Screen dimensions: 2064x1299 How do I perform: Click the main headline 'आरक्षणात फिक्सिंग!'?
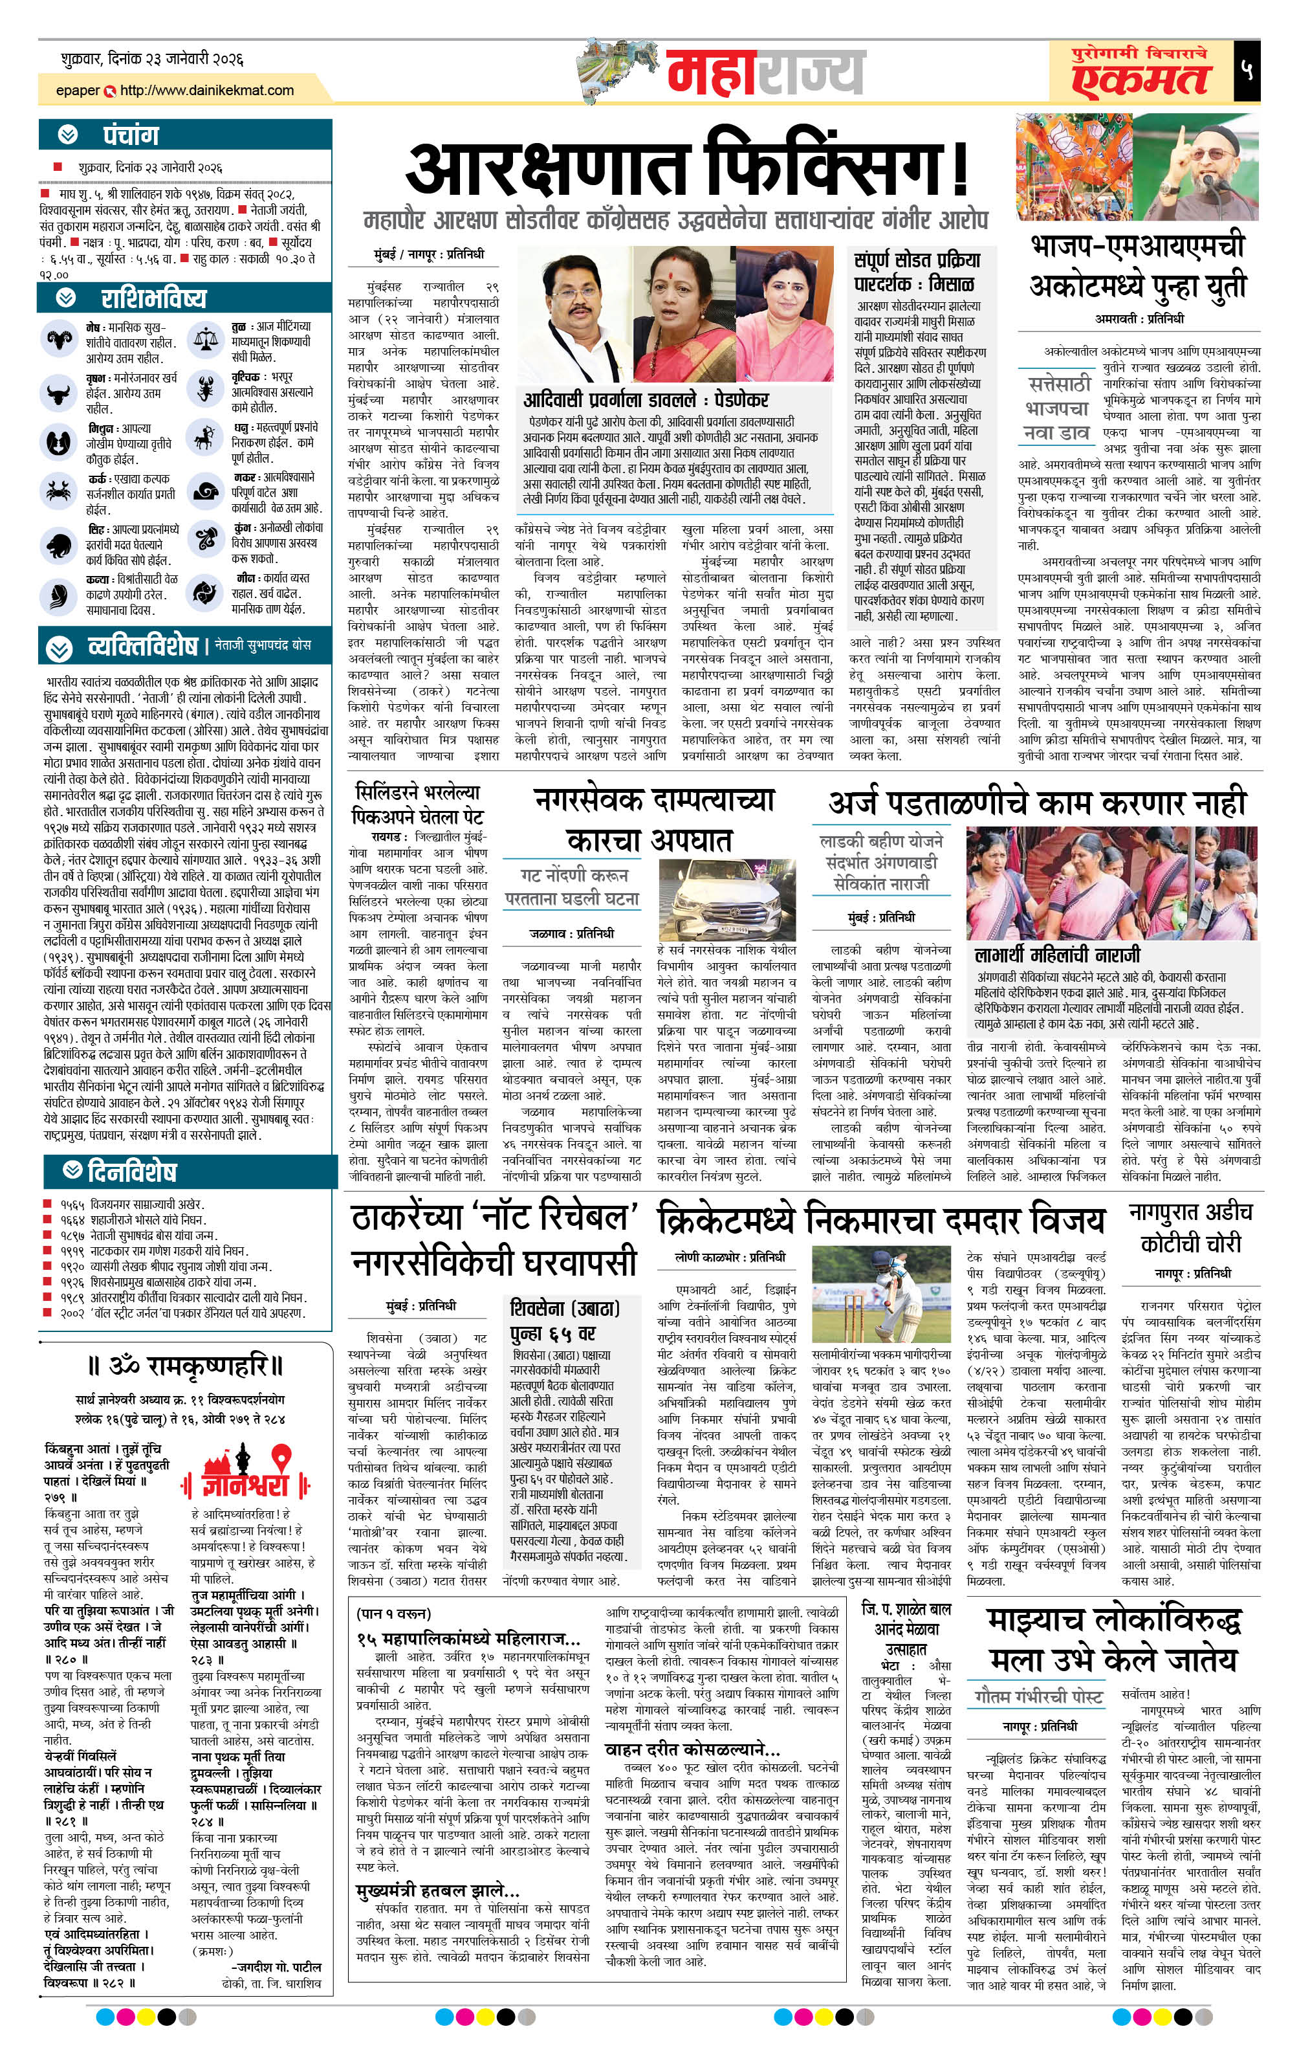[686, 168]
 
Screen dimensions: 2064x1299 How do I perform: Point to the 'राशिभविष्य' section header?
[153, 298]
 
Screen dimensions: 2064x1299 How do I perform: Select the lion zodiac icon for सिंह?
[59, 544]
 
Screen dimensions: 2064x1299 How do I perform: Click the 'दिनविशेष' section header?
[132, 1171]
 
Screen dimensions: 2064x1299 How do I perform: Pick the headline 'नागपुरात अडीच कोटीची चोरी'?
[1191, 1227]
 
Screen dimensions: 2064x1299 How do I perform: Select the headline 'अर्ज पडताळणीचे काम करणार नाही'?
[1037, 803]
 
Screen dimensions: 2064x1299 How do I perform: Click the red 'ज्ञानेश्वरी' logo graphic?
[244, 1469]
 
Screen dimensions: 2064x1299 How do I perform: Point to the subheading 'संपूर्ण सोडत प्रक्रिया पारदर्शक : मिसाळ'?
[917, 271]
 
